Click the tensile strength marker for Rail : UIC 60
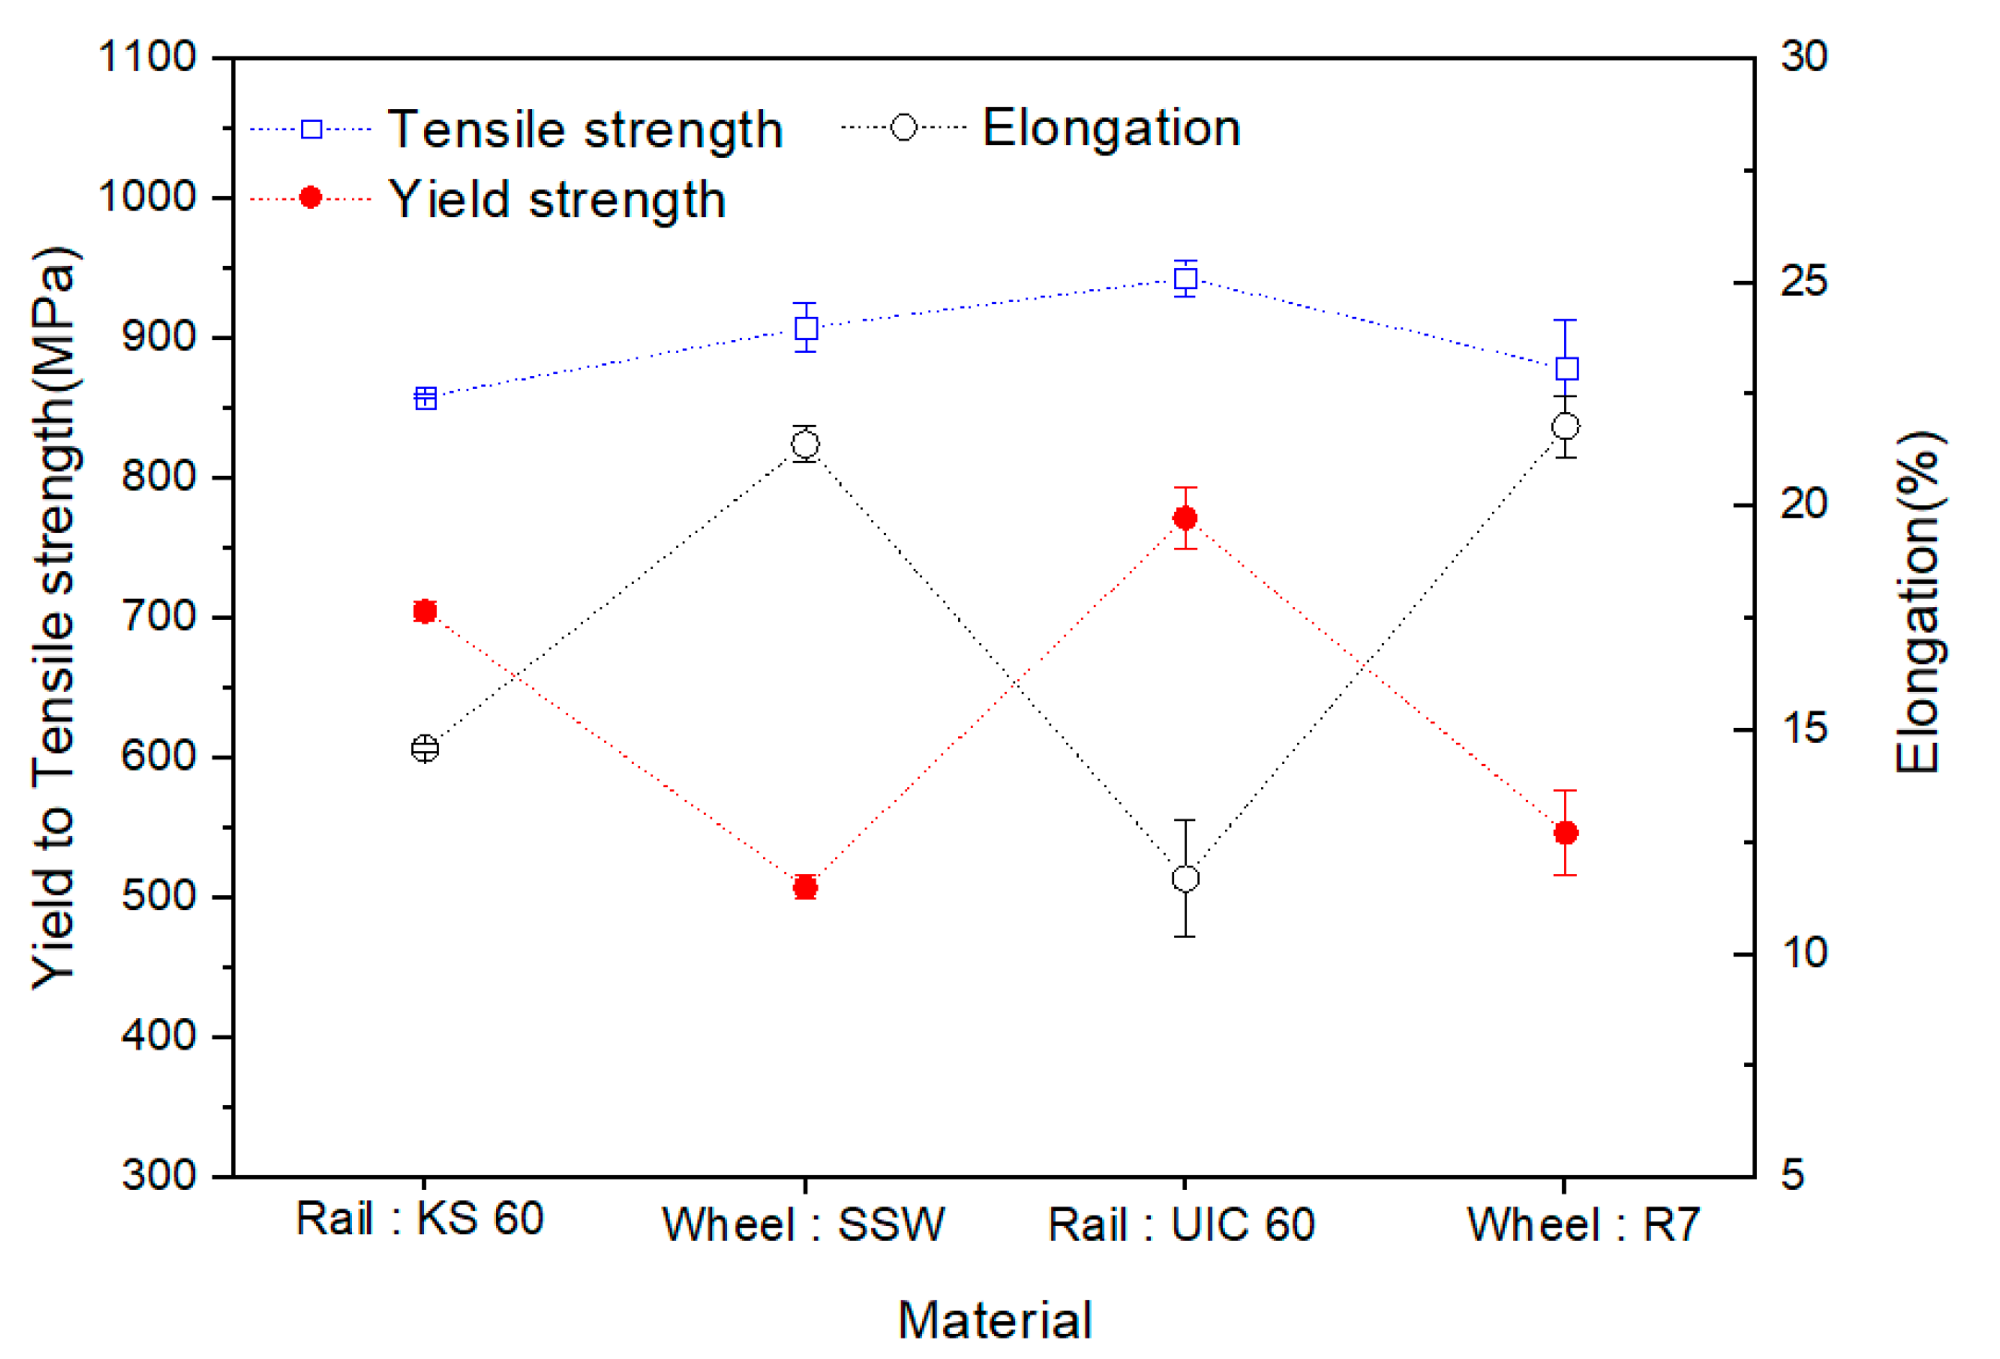point(1185,279)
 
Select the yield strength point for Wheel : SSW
point(806,887)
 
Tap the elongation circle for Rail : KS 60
point(425,748)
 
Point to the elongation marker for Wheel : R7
point(1566,427)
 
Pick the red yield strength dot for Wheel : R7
point(1566,832)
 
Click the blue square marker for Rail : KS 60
point(426,398)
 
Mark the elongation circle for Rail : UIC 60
point(1185,879)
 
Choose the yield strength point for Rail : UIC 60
point(1185,517)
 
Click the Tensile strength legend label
point(585,129)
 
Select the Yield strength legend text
point(557,200)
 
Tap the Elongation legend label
point(1111,127)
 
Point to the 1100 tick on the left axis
point(147,57)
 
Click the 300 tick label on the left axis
point(158,1175)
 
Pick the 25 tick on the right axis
point(1804,282)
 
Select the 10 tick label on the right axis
point(1804,953)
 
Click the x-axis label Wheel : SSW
point(804,1225)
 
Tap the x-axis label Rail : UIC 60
point(1182,1225)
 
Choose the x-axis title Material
point(995,1320)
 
